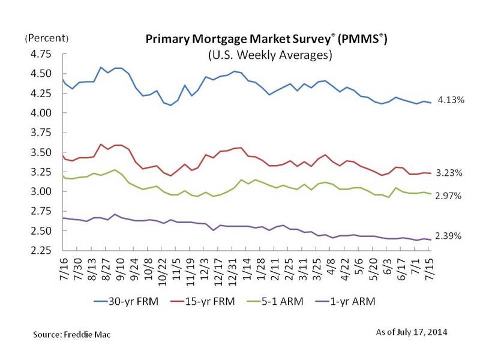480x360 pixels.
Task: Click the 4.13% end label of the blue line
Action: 451,100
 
